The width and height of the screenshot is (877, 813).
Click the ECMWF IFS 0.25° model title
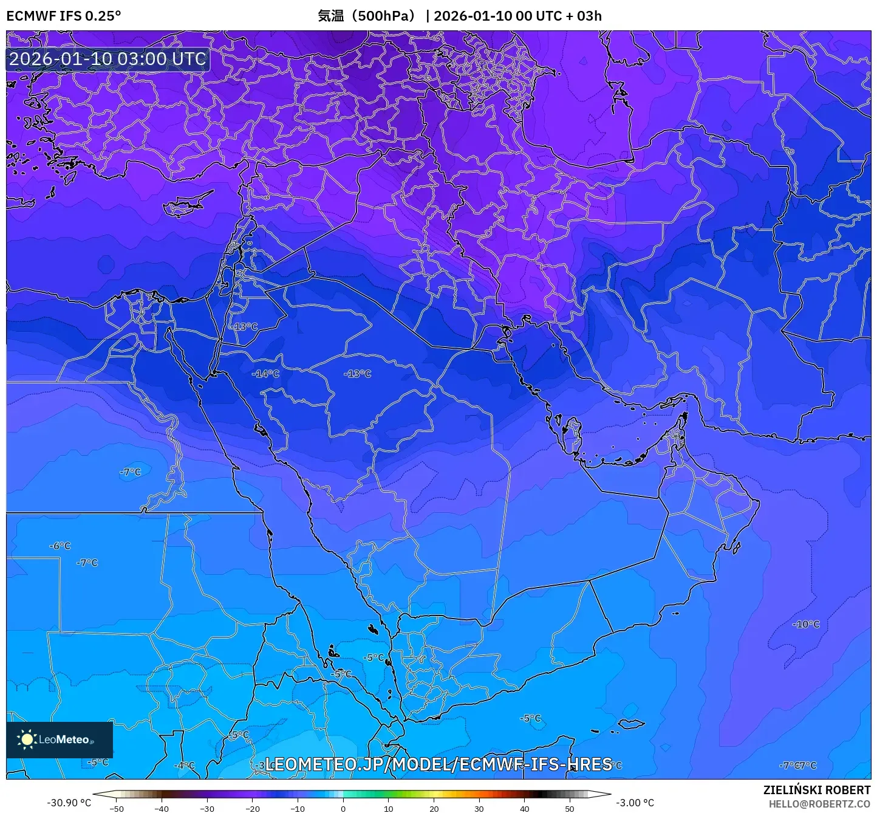pyautogui.click(x=63, y=16)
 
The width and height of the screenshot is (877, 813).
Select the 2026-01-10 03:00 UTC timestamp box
pyautogui.click(x=107, y=59)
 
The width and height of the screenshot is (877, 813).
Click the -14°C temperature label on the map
pyautogui.click(x=265, y=374)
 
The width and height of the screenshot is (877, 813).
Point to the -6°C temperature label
pyautogui.click(x=60, y=546)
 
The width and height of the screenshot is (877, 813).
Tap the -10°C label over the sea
pyautogui.click(x=806, y=625)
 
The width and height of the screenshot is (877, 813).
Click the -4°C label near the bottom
pyautogui.click(x=185, y=766)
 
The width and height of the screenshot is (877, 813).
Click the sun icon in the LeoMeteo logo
pyautogui.click(x=27, y=739)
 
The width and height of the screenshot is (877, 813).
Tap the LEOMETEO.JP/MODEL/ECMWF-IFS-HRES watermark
pyautogui.click(x=438, y=764)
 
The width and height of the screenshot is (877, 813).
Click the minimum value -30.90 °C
pyautogui.click(x=69, y=803)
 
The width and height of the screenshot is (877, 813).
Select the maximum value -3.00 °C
pyautogui.click(x=635, y=803)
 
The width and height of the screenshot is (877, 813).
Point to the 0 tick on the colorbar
pyautogui.click(x=343, y=809)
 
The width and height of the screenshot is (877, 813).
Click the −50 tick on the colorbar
pyautogui.click(x=116, y=809)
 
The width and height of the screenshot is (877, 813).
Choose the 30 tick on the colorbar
pyautogui.click(x=479, y=809)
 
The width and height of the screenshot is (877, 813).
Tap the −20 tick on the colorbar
pyautogui.click(x=252, y=809)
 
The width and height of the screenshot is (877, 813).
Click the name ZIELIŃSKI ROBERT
pyautogui.click(x=816, y=790)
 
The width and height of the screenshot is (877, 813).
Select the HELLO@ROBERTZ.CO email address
pyautogui.click(x=819, y=804)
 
